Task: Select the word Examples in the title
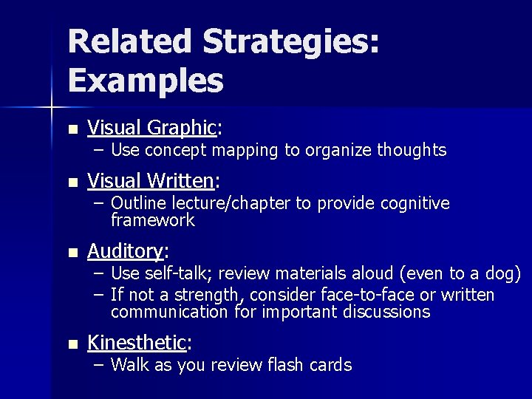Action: (x=146, y=81)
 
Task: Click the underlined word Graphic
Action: (x=181, y=128)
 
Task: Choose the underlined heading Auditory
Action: (x=125, y=251)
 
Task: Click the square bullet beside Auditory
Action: (x=72, y=253)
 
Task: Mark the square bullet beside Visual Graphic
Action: (x=72, y=129)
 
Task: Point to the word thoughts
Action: (x=412, y=150)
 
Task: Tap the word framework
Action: (x=153, y=220)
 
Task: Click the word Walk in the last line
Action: (x=129, y=364)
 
